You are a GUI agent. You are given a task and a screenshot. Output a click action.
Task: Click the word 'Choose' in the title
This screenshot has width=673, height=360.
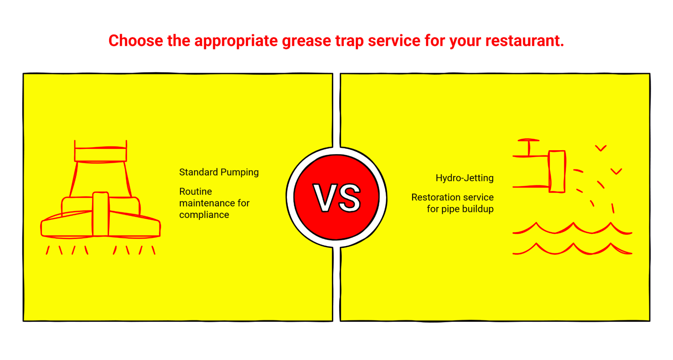[136, 41]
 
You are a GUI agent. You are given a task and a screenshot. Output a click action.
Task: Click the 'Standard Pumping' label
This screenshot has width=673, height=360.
[219, 172]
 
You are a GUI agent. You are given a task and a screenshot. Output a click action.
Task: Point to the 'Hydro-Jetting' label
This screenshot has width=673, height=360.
[464, 178]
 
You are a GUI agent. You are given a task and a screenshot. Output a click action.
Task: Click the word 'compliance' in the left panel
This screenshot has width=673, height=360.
[204, 215]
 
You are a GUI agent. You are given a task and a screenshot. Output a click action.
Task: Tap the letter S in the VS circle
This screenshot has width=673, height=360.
[349, 198]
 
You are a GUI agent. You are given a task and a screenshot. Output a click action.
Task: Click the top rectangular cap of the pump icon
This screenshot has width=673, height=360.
[100, 154]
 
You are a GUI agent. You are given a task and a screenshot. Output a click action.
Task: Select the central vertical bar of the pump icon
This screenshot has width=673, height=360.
[100, 214]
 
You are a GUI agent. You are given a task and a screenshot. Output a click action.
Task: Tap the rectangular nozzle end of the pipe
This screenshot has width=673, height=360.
[557, 171]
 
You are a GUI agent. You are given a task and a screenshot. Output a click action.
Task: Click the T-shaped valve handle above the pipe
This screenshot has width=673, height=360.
[529, 146]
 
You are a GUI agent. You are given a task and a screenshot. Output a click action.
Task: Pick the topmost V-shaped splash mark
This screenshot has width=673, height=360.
[601, 148]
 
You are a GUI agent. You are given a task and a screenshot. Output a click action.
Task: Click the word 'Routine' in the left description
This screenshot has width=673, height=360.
[195, 192]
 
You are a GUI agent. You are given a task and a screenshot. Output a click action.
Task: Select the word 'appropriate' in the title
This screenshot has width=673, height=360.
[236, 41]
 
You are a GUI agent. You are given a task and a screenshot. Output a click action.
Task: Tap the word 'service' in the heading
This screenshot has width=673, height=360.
[394, 41]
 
